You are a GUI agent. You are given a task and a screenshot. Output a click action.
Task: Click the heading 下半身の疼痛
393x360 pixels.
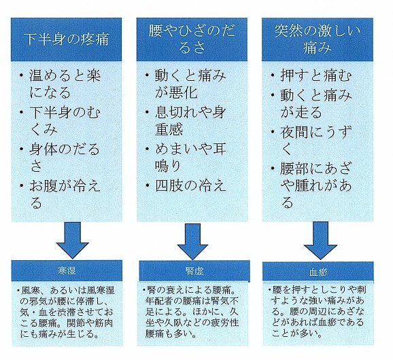[x=67, y=39]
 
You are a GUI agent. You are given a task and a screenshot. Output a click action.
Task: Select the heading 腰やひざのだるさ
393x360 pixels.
[x=192, y=39]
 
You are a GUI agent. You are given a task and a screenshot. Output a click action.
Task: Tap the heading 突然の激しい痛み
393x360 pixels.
[x=318, y=39]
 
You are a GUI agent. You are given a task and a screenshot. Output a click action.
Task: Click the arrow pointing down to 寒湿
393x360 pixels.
[x=73, y=240]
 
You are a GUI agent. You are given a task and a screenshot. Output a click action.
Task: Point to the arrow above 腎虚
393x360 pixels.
[x=192, y=241]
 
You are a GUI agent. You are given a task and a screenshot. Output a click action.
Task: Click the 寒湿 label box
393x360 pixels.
[x=67, y=270]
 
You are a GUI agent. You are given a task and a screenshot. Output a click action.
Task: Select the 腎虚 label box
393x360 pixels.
[x=194, y=271]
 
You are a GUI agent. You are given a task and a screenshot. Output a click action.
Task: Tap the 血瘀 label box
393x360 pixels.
[x=318, y=272]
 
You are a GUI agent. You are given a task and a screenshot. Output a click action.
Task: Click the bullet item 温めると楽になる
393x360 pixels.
[x=65, y=84]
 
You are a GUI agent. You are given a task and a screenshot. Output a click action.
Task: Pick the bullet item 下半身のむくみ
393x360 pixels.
[x=65, y=121]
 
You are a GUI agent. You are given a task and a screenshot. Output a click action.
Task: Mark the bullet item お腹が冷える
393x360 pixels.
[x=65, y=194]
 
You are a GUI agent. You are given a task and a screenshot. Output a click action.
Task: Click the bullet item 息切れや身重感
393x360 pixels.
[x=190, y=121]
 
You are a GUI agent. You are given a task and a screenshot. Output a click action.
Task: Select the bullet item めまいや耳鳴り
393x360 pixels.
[x=190, y=157]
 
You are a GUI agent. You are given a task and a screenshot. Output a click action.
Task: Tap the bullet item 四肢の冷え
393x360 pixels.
[x=190, y=185]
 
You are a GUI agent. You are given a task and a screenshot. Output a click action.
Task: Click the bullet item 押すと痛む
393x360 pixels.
[x=316, y=75]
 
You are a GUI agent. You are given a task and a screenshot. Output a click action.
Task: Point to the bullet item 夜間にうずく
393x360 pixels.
[x=316, y=140]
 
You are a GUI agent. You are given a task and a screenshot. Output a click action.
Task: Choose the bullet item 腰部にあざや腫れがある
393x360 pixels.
[x=316, y=185]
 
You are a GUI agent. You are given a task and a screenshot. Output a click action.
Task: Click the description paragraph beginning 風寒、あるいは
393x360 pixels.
[x=67, y=312]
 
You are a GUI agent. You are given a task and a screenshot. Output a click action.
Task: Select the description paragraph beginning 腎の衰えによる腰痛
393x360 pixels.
[x=191, y=312]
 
